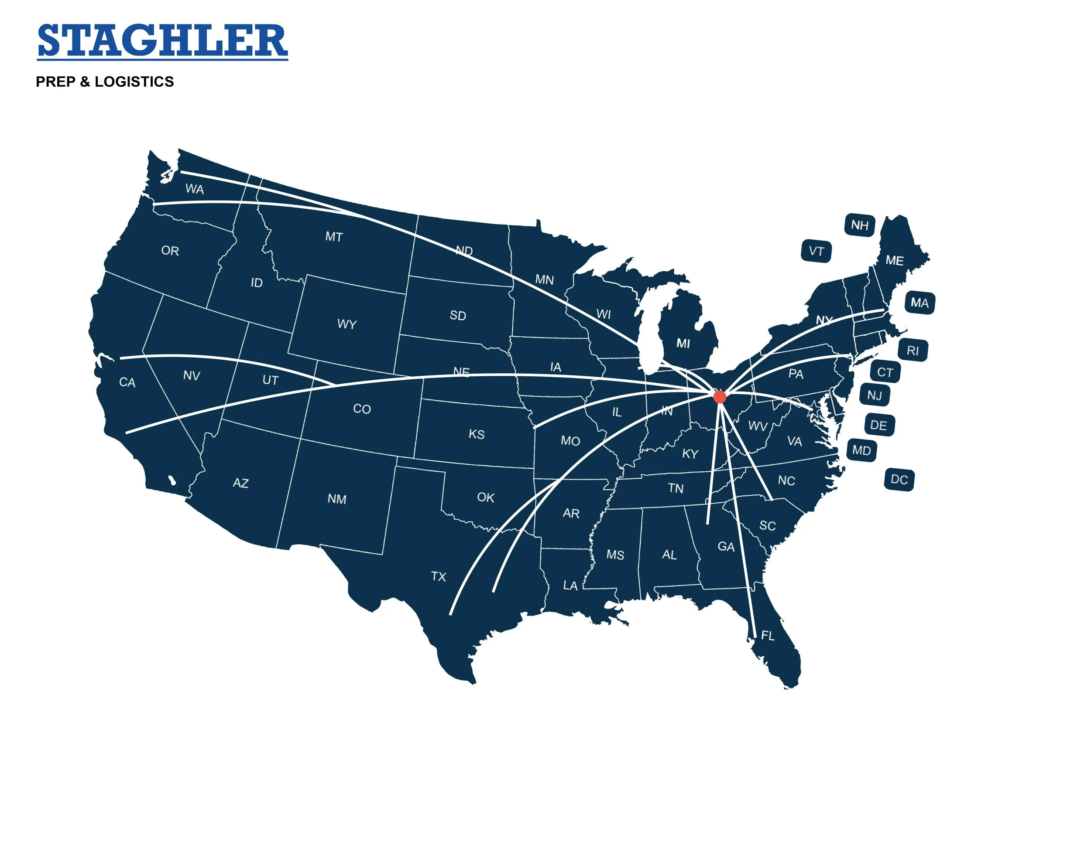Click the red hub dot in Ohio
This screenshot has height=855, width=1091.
coord(719,397)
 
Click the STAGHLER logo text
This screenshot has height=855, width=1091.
coord(162,41)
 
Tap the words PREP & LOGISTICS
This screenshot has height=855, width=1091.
coord(105,82)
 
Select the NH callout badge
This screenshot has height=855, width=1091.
coord(860,225)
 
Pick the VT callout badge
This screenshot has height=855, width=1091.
coord(816,251)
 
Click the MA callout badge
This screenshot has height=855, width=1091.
coord(919,303)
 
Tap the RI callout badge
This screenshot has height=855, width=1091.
coord(913,351)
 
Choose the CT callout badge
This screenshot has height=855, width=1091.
coord(885,372)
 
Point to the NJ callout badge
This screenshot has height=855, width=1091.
coord(875,395)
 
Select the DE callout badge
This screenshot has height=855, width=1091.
coord(878,425)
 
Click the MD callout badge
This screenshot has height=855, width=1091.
coord(861,450)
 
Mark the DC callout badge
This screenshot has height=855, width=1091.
coord(899,480)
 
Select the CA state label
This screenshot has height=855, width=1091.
coord(127,382)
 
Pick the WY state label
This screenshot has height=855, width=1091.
coord(347,324)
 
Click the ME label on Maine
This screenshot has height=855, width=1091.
coord(894,260)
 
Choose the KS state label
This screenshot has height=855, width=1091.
coord(477,434)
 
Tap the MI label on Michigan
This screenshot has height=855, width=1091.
coord(683,344)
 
